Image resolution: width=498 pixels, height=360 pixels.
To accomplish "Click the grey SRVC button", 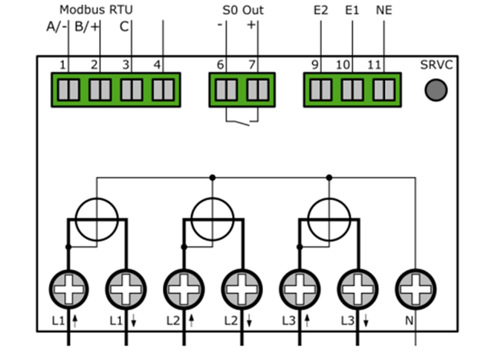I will point(436,90).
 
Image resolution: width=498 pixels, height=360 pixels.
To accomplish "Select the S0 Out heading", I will point(242,10).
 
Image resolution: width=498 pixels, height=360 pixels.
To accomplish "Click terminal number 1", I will point(68,89).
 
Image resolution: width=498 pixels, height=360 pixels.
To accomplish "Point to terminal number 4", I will point(162,89).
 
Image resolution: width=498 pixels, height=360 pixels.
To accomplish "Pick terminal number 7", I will point(257,89).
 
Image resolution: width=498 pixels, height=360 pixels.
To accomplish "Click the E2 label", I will point(320,10).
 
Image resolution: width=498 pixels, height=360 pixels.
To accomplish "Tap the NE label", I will point(384,10).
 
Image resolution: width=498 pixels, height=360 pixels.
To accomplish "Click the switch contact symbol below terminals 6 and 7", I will point(241,119).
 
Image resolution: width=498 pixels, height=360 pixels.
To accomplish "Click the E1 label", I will point(352,10).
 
